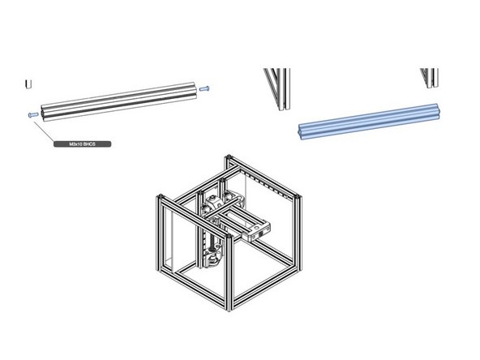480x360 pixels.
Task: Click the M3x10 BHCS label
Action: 81,144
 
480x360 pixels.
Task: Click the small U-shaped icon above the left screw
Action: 28,84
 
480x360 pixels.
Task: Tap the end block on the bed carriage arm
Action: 261,230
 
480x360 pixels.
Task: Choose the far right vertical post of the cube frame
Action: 303,235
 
